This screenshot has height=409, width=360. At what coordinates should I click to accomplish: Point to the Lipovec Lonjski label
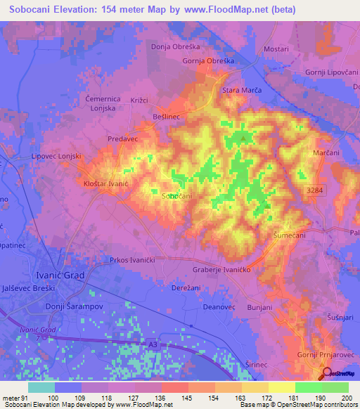(58, 156)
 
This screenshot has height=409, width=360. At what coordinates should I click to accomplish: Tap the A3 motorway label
(153, 345)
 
